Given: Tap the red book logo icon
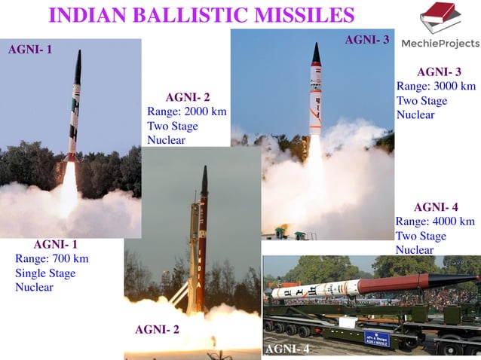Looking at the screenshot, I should coord(440,17).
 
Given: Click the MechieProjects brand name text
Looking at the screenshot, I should coord(440,43).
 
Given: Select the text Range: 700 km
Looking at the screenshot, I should coord(51,259).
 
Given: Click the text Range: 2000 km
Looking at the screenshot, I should coord(186,111).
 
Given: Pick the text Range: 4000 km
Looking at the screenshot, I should coord(435,221).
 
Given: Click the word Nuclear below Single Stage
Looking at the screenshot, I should coord(34,287).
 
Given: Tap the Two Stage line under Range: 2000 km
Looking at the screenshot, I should coord(173,126).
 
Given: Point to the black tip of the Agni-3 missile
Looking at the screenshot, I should coord(317,53).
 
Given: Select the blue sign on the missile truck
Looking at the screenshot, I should coord(377,338).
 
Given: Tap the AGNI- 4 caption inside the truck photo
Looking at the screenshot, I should coord(287,349).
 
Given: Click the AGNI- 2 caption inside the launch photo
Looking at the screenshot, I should coord(157,329).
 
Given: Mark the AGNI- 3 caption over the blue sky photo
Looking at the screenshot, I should coord(366,39).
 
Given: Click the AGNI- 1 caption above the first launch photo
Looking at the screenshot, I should coord(30,50).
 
